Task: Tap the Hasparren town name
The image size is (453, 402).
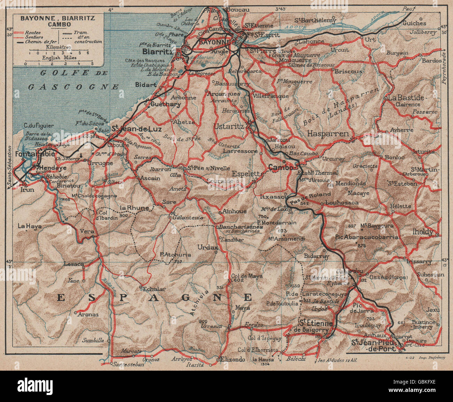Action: [x=328, y=133]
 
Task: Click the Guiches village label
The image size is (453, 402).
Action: [x=414, y=23]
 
